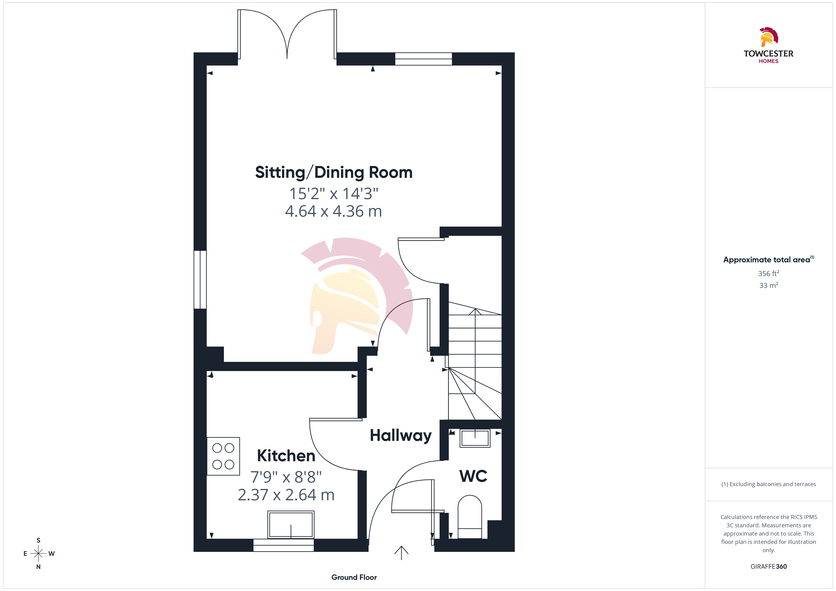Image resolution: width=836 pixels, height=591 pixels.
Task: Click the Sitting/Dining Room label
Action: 334,173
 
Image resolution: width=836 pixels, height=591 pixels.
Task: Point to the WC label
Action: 473,476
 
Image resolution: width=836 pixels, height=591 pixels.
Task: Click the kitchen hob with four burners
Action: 223,456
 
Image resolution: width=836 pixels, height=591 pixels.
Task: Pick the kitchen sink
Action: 291,524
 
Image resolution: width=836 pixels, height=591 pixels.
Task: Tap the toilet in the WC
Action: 470,517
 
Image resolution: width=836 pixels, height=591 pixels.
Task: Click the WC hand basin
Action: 475,438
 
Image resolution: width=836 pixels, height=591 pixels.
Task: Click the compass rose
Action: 38,554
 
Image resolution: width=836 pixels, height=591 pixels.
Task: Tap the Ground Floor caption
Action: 354,577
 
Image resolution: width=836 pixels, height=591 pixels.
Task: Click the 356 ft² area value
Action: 769,273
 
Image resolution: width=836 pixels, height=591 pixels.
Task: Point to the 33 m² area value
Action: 769,285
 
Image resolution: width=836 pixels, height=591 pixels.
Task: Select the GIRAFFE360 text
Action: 769,567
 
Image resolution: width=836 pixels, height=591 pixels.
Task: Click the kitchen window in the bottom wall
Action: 284,545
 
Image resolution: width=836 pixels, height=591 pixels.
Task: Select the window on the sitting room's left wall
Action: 200,279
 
